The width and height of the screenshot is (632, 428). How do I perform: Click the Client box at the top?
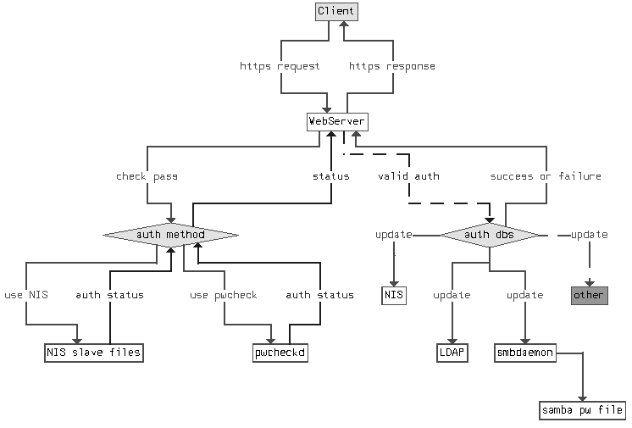(x=336, y=12)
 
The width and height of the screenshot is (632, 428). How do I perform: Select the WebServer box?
(x=336, y=122)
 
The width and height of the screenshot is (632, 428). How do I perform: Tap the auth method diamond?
(x=170, y=234)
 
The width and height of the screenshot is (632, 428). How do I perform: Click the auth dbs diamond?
(x=489, y=234)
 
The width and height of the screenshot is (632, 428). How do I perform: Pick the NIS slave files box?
(x=93, y=352)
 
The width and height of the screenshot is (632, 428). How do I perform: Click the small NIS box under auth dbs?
(x=394, y=295)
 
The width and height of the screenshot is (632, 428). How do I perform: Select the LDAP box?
(x=452, y=352)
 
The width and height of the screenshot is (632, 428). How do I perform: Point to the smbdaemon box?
(x=524, y=352)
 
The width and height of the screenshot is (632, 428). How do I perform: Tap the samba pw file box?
(x=582, y=411)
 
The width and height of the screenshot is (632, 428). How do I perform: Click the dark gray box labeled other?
(x=589, y=295)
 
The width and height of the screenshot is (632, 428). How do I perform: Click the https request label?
(x=280, y=66)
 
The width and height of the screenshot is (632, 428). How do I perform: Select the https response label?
(x=391, y=66)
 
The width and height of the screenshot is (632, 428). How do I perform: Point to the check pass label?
(x=147, y=176)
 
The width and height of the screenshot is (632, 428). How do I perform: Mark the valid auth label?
(x=408, y=176)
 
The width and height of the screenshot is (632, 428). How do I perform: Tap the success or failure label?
(x=546, y=176)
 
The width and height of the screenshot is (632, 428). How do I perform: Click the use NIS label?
(x=25, y=295)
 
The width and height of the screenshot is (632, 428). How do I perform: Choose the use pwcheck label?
(x=224, y=295)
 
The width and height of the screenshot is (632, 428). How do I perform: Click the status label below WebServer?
(x=331, y=176)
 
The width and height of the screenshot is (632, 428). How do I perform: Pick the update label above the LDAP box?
(x=452, y=295)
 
